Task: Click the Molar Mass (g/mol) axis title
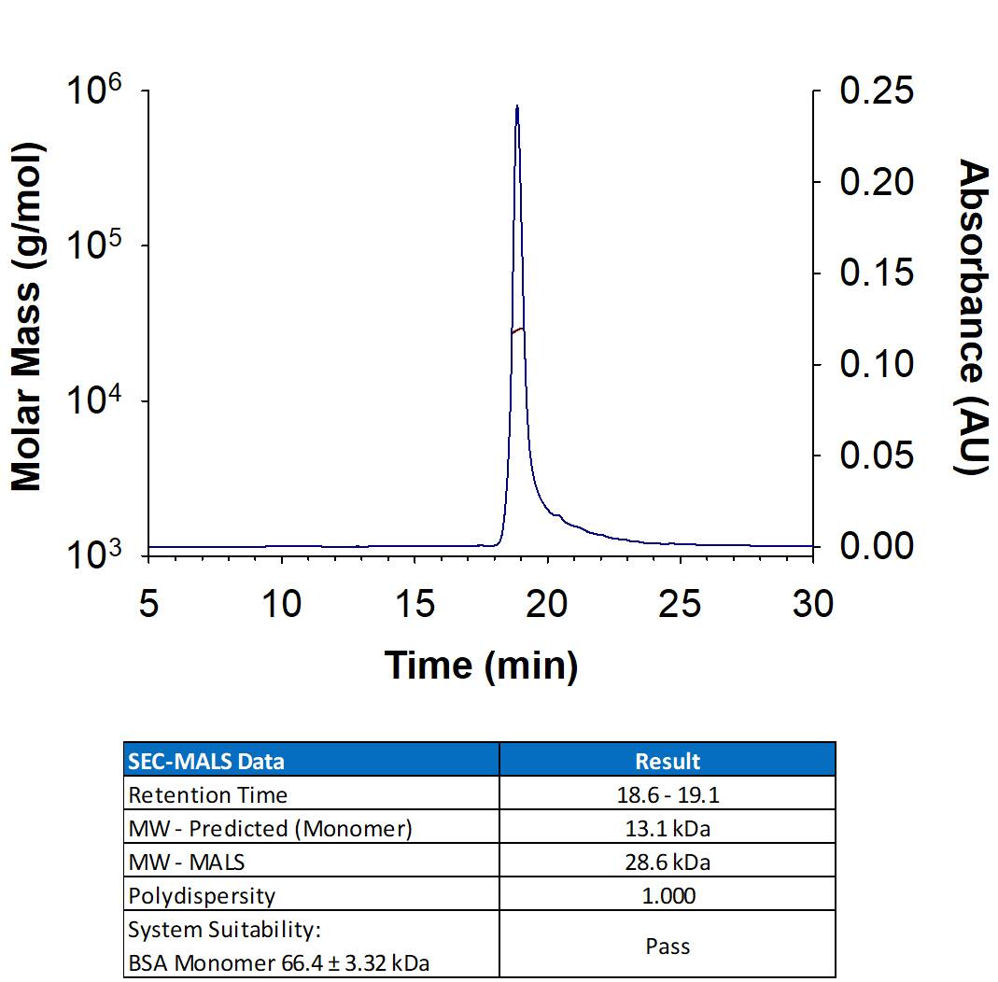(x=28, y=317)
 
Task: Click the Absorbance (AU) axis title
(x=973, y=317)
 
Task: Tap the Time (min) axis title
(x=481, y=666)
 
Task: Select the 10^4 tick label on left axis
(x=95, y=403)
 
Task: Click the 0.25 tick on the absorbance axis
(x=877, y=91)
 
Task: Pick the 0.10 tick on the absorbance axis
(x=877, y=364)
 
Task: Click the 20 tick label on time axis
(x=546, y=605)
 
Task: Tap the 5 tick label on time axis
(x=148, y=605)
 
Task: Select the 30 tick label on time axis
(x=812, y=605)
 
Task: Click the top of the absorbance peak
(x=517, y=107)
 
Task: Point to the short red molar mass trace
(x=518, y=330)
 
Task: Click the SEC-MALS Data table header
(x=206, y=761)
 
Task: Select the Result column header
(x=668, y=761)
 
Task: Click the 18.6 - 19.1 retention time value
(x=668, y=795)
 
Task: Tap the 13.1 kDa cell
(x=668, y=829)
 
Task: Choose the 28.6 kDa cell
(x=668, y=863)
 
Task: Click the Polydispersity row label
(x=202, y=896)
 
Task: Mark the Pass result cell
(x=668, y=946)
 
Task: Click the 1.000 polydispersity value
(x=668, y=896)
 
